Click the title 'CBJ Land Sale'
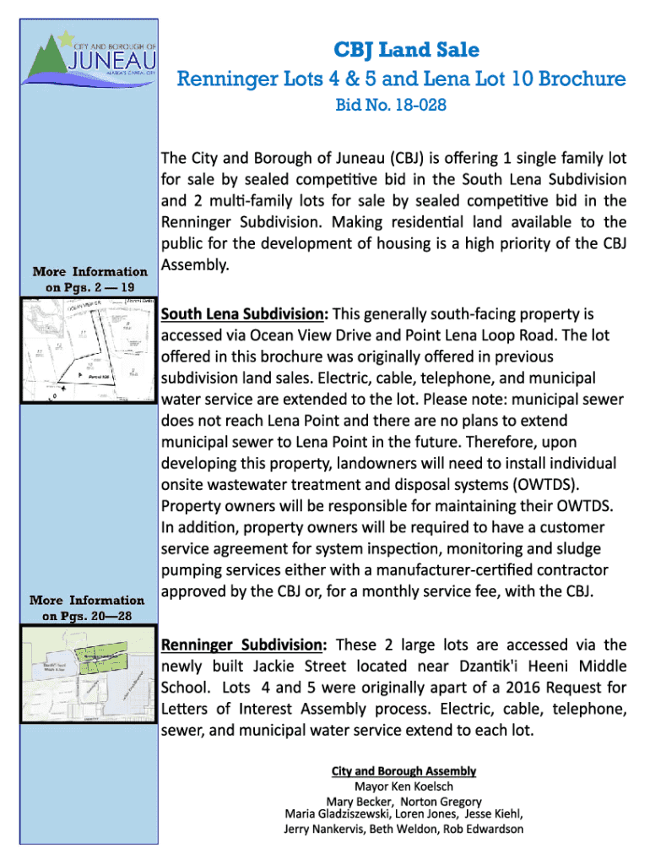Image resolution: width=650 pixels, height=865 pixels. click(401, 50)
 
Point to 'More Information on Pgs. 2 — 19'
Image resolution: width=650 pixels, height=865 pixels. click(89, 279)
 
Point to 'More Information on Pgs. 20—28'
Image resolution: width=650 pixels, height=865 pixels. click(88, 607)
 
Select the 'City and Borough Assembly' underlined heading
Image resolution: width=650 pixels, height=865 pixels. click(403, 771)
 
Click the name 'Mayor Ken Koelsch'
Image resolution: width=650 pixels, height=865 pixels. click(404, 786)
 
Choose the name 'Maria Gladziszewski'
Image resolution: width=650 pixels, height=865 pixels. click(338, 814)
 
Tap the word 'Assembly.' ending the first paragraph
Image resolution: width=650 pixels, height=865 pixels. click(194, 265)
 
